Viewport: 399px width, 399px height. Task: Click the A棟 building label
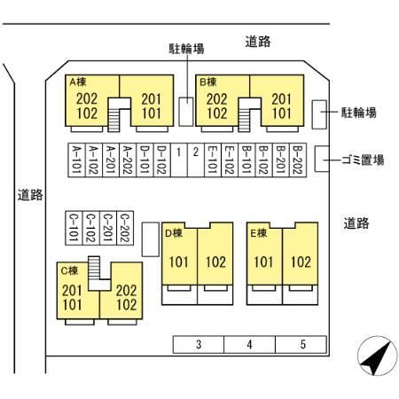(78, 82)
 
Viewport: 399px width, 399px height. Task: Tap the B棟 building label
(208, 82)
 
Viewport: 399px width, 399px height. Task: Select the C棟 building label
(69, 270)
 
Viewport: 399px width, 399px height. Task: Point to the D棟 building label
(174, 233)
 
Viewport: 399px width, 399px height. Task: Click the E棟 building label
(259, 233)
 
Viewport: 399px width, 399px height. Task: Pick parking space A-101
(76, 160)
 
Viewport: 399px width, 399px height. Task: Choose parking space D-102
(162, 160)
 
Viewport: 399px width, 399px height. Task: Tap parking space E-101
(213, 160)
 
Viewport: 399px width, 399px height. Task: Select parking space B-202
(298, 160)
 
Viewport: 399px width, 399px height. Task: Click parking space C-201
(108, 228)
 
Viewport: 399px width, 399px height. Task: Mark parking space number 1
(179, 160)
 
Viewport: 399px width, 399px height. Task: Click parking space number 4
(249, 344)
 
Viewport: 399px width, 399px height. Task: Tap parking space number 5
(301, 344)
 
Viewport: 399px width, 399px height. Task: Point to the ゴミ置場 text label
(363, 160)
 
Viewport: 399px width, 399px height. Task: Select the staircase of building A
(114, 120)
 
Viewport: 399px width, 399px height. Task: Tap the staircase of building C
(94, 268)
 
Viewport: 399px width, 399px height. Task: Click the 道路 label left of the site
(30, 195)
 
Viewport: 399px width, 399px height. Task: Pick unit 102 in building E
(301, 262)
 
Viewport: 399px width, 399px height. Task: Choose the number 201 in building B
(281, 99)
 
